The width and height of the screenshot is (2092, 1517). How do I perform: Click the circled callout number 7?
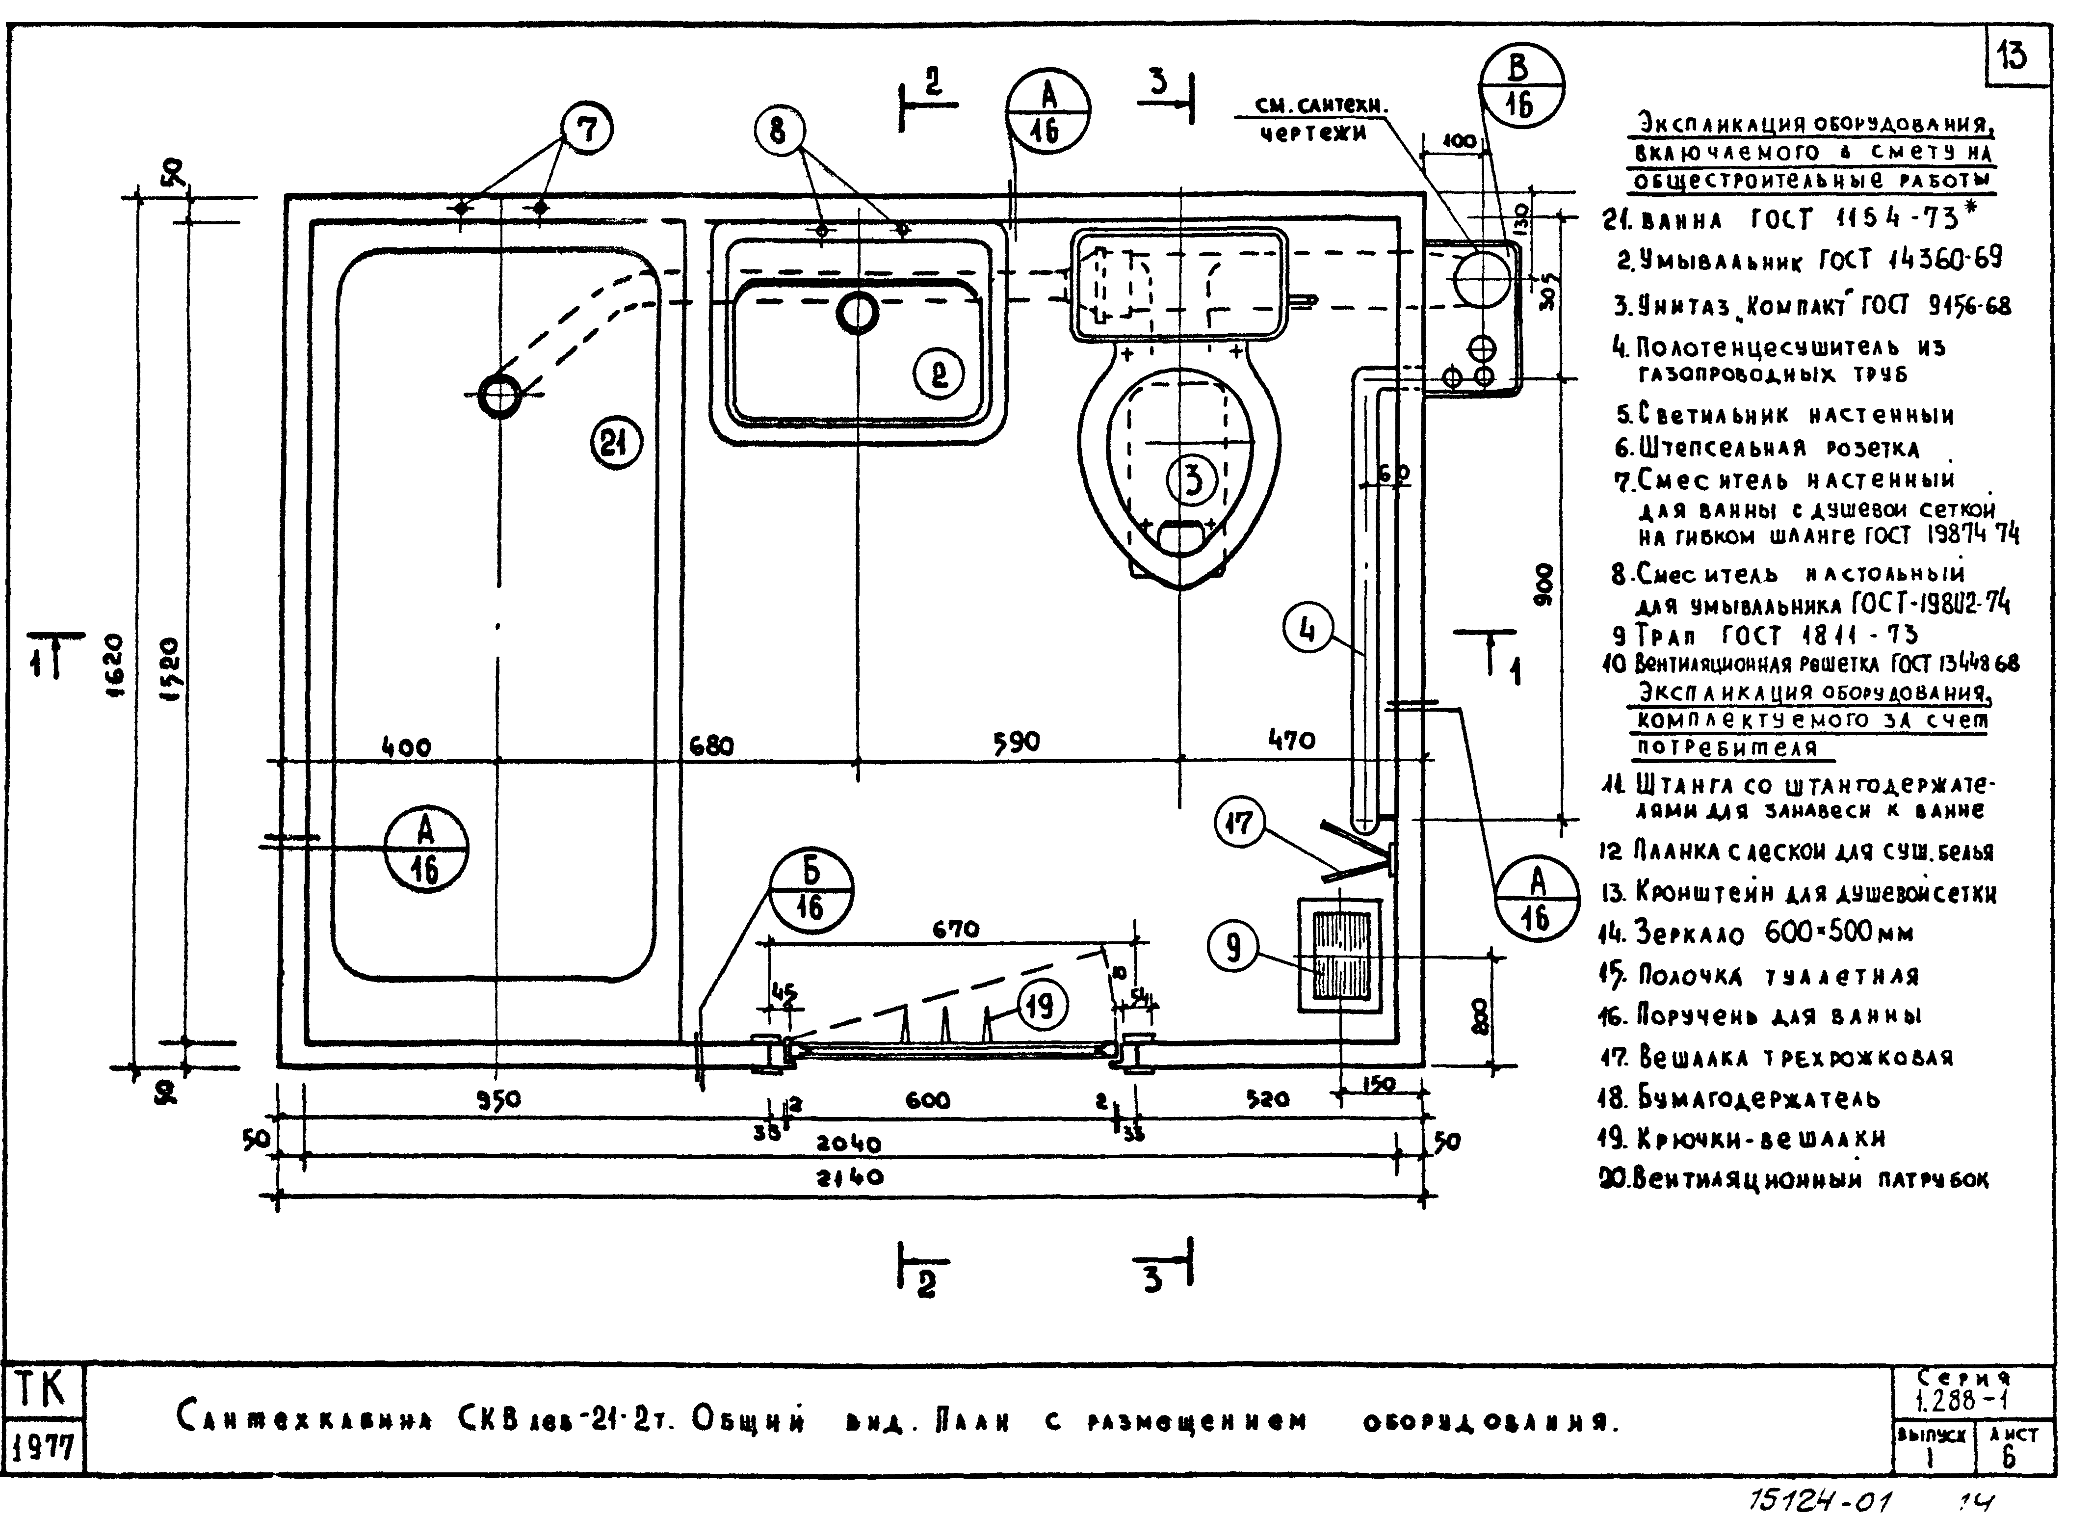(x=588, y=129)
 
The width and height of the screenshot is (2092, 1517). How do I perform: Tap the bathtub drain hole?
(x=499, y=397)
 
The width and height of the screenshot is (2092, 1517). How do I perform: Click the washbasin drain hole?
(x=857, y=313)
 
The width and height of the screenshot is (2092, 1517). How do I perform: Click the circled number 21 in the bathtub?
(x=615, y=444)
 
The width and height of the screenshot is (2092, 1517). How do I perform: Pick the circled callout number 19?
(x=1042, y=1005)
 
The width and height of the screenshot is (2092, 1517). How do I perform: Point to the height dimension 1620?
(x=114, y=665)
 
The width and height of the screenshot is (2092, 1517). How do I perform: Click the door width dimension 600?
(x=927, y=1100)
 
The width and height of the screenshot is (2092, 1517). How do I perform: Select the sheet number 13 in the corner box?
(x=2014, y=57)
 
